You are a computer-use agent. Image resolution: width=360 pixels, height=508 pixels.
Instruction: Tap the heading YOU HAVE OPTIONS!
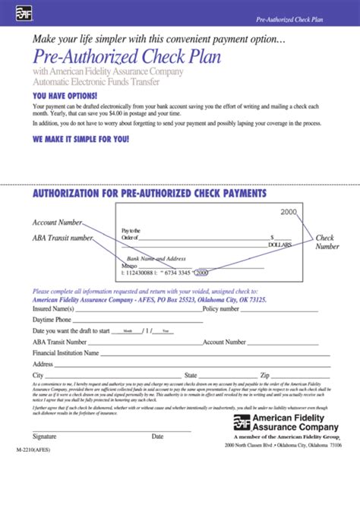click(65, 96)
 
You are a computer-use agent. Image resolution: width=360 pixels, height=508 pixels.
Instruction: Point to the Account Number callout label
click(57, 222)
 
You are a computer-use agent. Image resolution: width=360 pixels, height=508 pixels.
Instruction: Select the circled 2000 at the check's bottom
click(204, 271)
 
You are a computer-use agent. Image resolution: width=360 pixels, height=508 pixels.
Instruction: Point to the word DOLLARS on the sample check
click(279, 245)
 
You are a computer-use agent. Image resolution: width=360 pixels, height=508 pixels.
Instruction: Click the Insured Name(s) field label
click(53, 309)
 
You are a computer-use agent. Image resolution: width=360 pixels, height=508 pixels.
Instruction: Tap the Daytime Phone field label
click(51, 320)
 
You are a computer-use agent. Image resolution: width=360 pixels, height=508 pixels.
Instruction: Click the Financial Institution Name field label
click(65, 353)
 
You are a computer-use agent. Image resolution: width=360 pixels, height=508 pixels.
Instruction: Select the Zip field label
click(265, 375)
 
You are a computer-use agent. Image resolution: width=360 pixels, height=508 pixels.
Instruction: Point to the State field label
click(191, 375)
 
